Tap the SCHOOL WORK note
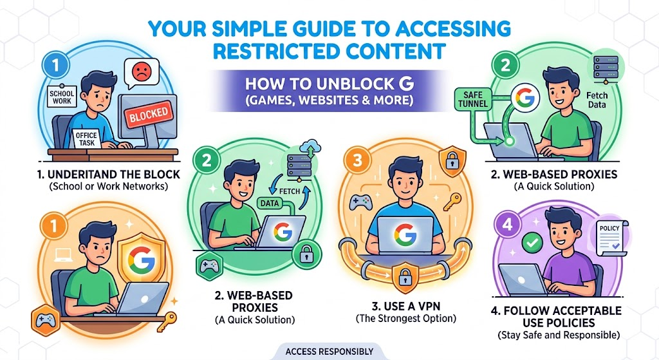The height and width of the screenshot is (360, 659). pos(61,97)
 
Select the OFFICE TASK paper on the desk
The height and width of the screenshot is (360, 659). pos(87,138)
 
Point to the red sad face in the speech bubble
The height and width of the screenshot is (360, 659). pos(141,71)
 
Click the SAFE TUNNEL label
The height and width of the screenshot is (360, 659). pos(473,99)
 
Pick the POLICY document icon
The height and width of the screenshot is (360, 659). pos(611,238)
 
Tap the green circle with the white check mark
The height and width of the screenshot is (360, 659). pos(532,242)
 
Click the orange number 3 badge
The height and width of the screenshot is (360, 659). pos(358,160)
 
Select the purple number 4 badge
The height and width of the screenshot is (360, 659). pos(508,224)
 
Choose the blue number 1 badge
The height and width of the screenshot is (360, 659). pos(56,65)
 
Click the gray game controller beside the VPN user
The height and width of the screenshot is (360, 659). pos(360,202)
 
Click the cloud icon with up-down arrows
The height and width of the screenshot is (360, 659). pos(311,149)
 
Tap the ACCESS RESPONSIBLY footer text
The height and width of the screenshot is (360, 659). pos(329,351)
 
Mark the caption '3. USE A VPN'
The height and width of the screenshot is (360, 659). pos(405,306)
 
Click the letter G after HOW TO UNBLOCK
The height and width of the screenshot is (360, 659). pos(405,84)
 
